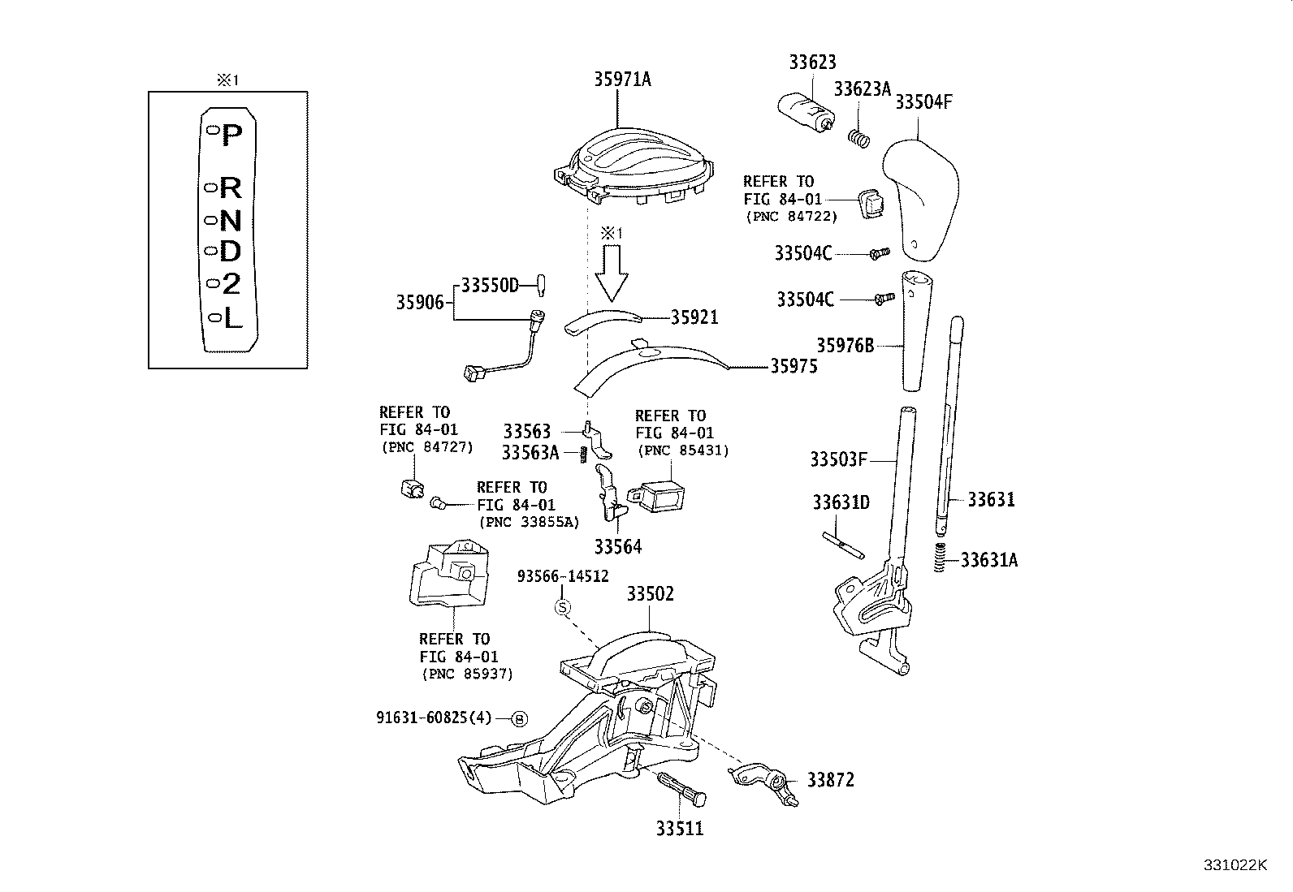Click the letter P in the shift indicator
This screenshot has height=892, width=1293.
[x=232, y=134]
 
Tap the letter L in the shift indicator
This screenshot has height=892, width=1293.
[x=232, y=319]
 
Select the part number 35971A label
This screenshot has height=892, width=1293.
[x=622, y=79]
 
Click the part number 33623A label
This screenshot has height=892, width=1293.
[x=863, y=89]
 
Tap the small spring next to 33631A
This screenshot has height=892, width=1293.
[x=941, y=557]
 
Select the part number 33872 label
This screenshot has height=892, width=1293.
[x=830, y=780]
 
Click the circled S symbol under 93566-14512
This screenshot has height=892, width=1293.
[x=563, y=606]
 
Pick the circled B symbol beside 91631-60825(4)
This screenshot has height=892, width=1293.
[x=520, y=718]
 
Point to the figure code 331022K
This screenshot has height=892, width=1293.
[x=1235, y=864]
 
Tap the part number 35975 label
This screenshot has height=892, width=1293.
[x=794, y=367]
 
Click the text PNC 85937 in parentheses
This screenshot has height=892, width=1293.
[x=467, y=674]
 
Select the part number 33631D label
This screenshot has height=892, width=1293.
[x=841, y=502]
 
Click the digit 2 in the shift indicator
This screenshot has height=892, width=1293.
[x=231, y=285]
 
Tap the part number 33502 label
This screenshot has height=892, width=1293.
[x=650, y=594]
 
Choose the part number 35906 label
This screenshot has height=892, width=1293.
[x=420, y=303]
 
